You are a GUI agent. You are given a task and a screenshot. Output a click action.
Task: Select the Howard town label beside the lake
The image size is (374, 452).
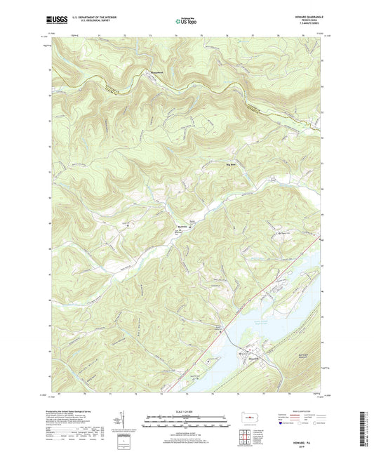pyautogui.click(x=245, y=352)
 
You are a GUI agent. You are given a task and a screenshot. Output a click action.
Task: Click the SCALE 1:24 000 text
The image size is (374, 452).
pyautogui.click(x=186, y=411)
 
